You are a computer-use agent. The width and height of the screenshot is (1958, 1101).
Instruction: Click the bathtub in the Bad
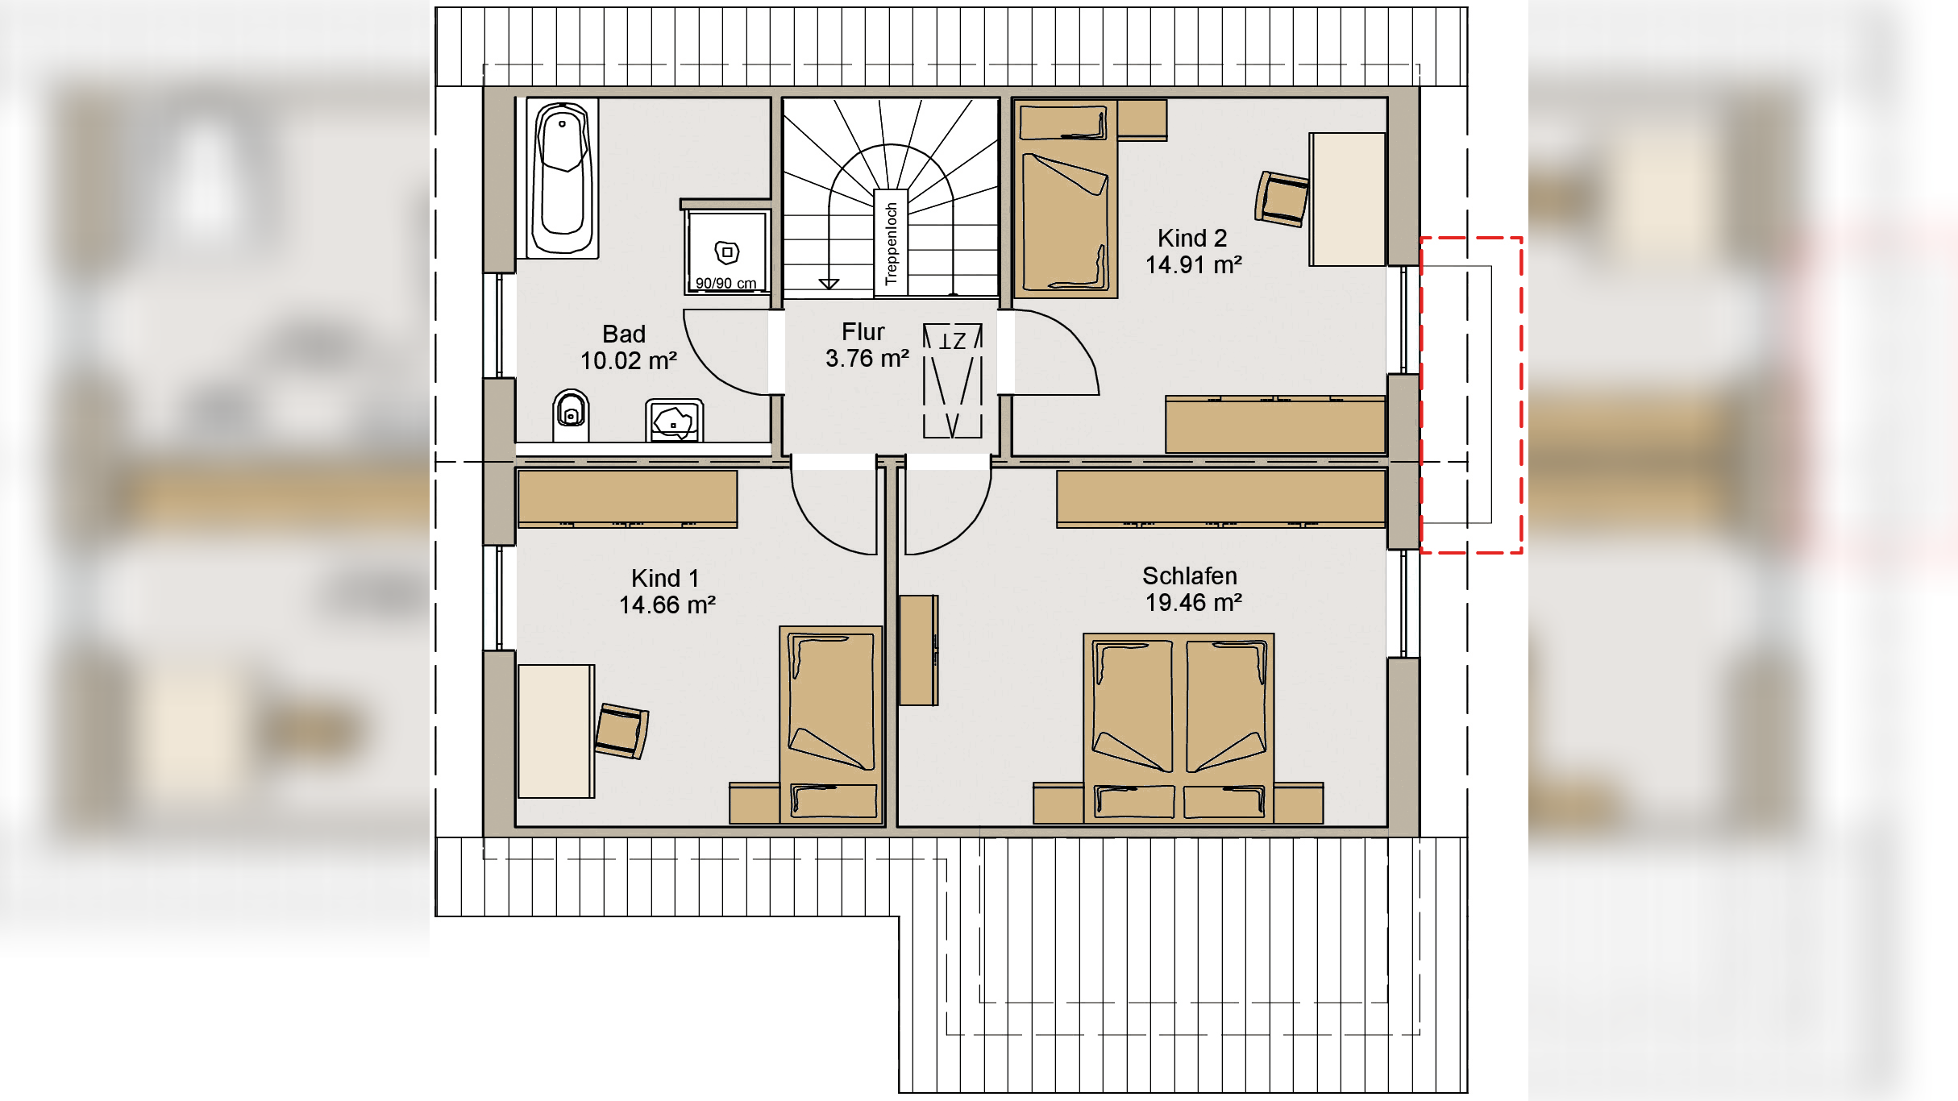(563, 178)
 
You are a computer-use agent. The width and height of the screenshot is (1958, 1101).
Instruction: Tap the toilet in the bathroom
(571, 415)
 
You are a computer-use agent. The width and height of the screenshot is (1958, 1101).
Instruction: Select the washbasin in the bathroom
(674, 420)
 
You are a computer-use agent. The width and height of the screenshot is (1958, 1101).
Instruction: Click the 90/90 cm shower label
(725, 283)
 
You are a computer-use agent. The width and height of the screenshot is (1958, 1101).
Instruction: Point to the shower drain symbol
(727, 252)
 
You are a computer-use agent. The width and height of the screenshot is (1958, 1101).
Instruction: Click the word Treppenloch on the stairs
(891, 243)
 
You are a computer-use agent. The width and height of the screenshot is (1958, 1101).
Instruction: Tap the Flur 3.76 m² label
(867, 345)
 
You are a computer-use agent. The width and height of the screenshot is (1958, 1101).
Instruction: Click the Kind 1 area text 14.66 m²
(667, 605)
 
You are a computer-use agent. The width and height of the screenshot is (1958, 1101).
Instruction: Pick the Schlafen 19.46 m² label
(1192, 589)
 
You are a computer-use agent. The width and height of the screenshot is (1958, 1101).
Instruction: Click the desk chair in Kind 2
(1281, 199)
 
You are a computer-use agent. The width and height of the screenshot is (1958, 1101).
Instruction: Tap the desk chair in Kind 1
(622, 731)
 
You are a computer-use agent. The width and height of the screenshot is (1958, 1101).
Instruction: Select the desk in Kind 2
(1347, 199)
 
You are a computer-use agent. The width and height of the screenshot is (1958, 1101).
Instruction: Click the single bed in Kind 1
(831, 725)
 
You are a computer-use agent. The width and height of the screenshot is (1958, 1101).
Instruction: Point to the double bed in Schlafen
(1179, 728)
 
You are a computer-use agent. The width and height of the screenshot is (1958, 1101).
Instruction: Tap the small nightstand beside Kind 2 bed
(1142, 119)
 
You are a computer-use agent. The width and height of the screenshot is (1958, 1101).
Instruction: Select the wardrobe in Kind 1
(627, 499)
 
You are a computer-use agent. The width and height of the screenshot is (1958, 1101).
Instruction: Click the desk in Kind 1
(556, 731)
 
